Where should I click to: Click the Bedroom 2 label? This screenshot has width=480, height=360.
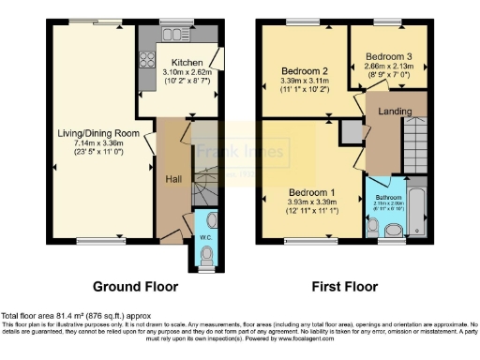point(304,71)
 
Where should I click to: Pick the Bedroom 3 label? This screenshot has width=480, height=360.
point(385,54)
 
